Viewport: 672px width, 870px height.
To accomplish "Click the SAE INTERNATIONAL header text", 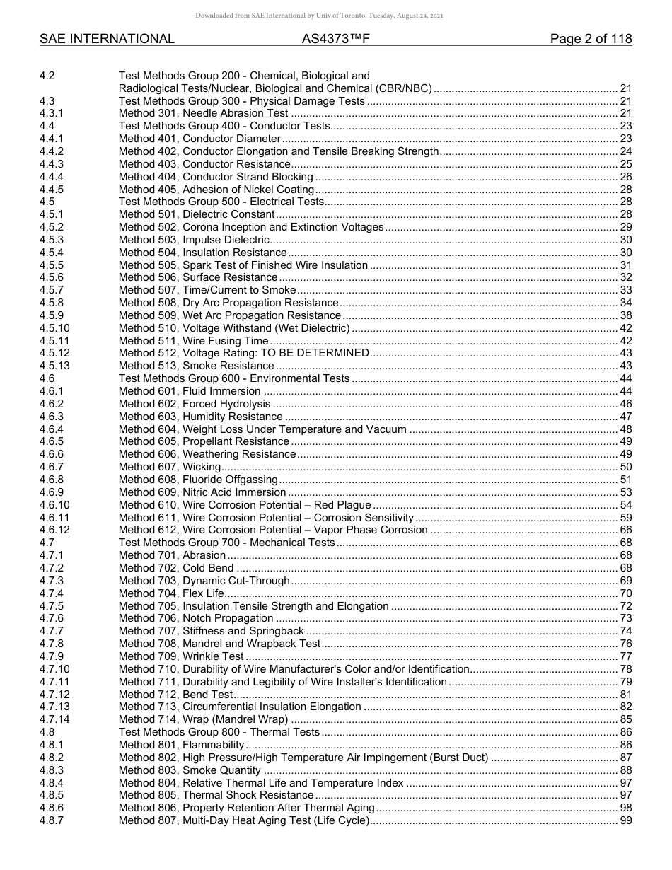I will coord(107,40).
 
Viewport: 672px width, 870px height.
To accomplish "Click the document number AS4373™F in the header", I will coord(335,40).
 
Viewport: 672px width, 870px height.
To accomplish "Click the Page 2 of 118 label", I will coord(591,40).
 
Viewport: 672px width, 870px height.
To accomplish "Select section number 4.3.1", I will coord(52,113).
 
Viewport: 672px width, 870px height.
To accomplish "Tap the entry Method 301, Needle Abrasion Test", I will coord(203,113).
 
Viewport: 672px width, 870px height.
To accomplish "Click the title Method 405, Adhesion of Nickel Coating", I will coord(216,190).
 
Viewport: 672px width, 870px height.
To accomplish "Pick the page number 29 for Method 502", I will coord(625,227).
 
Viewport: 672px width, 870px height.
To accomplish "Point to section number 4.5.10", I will coord(54,328).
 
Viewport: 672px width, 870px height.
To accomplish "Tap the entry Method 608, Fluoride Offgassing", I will coord(198,480).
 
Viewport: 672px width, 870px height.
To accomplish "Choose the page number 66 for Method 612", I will coord(625,530).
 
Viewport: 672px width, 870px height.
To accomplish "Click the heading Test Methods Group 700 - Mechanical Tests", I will coord(226,543).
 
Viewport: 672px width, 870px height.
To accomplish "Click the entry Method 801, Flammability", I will coord(181,745).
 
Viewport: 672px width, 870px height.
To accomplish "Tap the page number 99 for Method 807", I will coord(625,820).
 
